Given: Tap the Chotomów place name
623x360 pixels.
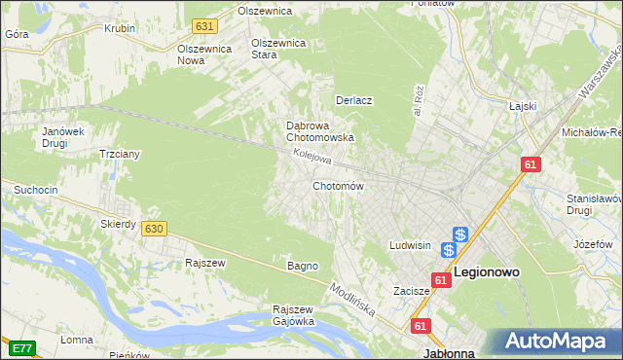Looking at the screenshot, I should click(x=338, y=186).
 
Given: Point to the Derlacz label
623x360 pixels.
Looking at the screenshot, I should click(x=354, y=100).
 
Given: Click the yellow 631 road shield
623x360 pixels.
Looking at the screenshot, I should click(x=203, y=26).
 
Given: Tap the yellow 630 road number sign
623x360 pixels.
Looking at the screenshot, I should click(x=153, y=228).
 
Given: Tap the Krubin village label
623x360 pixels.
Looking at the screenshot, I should click(x=120, y=28).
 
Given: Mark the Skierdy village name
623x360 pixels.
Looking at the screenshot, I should click(x=118, y=224).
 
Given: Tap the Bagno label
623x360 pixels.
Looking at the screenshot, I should click(x=302, y=266).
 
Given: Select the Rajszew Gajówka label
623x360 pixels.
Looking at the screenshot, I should click(x=293, y=315).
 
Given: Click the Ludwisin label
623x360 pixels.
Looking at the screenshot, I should click(x=410, y=246).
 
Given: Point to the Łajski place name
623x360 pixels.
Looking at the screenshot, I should click(x=523, y=106).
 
